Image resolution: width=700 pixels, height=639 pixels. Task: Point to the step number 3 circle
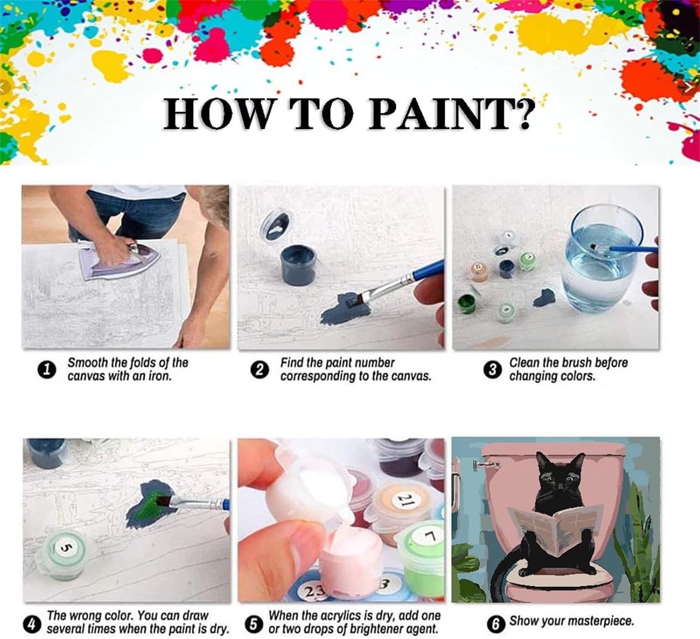(492, 370)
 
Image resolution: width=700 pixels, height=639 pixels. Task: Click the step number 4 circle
(32, 623)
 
